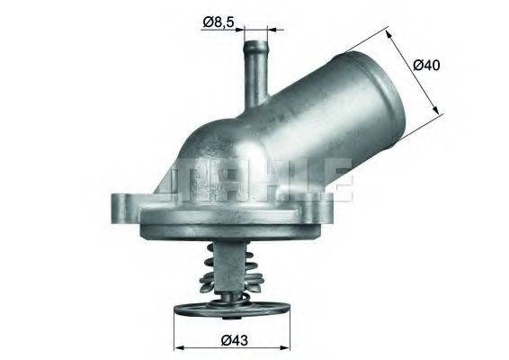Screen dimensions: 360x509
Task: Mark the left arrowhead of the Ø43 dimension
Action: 177,346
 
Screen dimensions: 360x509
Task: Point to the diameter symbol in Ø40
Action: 419,65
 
